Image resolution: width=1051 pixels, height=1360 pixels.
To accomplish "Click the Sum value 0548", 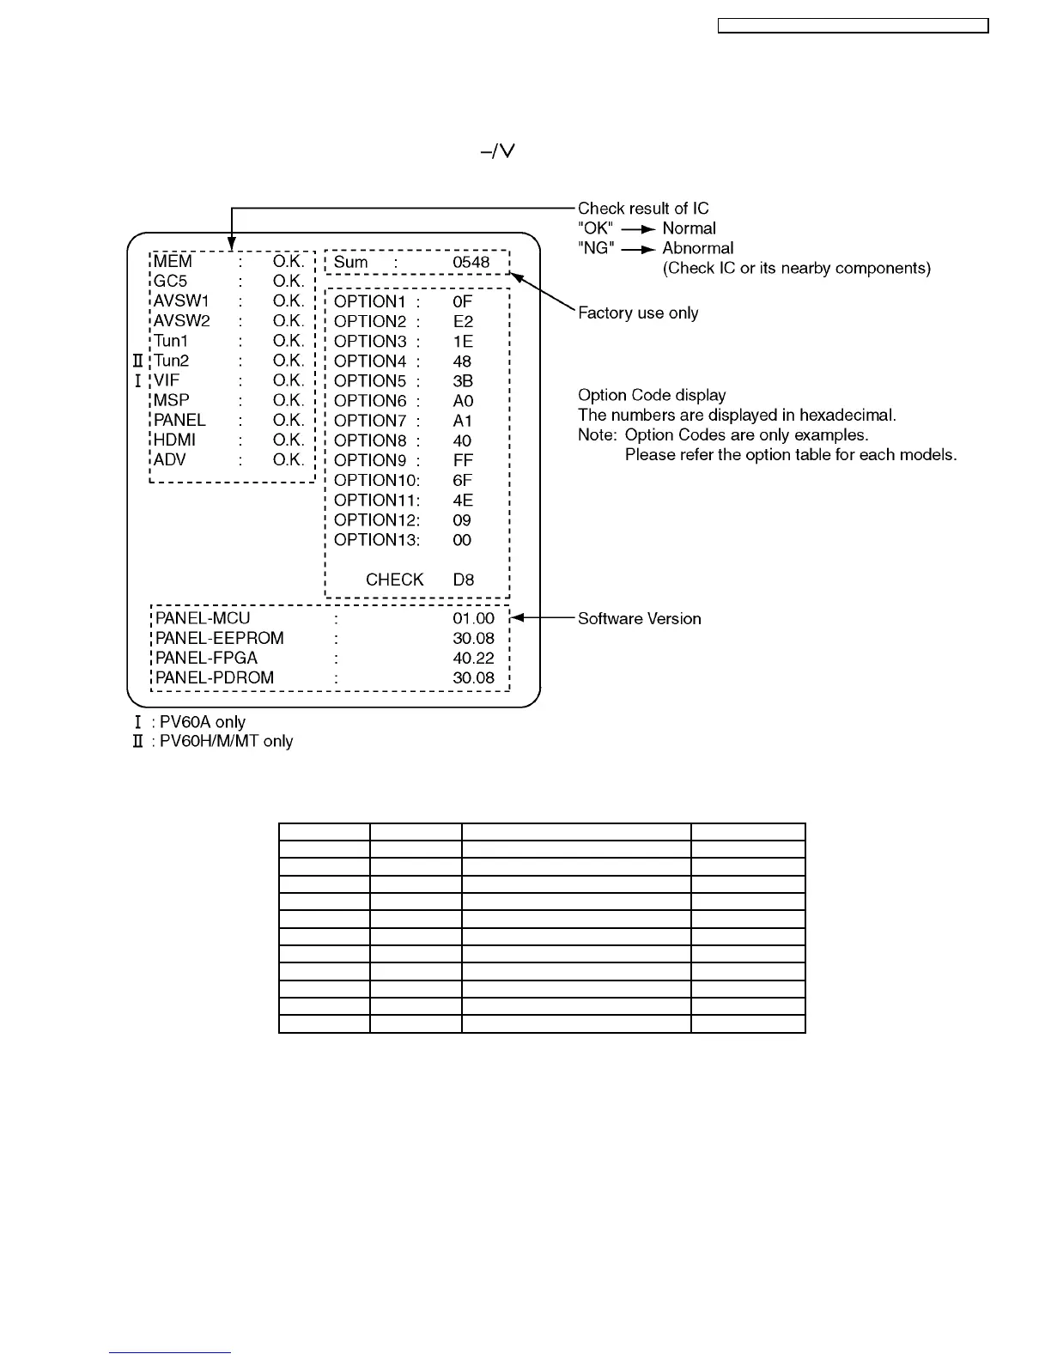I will [471, 262].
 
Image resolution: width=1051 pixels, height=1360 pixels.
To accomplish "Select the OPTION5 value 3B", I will [463, 381].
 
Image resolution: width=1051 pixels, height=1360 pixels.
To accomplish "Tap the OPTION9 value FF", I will [463, 460].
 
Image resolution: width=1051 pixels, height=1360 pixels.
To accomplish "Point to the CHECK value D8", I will [463, 580].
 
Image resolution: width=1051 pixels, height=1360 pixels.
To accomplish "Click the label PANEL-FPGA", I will [206, 658].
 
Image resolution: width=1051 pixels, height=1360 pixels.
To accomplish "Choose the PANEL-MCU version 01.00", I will [473, 618].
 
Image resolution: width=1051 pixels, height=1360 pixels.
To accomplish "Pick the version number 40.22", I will [473, 658].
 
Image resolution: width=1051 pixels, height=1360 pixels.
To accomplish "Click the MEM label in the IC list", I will [173, 262].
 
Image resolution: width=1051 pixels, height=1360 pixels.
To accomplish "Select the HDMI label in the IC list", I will [174, 440].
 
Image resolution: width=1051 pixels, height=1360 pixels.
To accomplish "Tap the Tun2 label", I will [171, 361].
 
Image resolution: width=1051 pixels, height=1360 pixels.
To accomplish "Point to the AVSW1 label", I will [181, 301].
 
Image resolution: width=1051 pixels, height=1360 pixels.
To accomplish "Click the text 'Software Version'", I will [639, 619].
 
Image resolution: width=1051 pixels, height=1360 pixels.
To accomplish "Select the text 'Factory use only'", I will [638, 313].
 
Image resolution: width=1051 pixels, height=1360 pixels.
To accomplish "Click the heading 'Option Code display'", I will [652, 395].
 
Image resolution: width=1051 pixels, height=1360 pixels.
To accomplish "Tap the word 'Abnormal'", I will [697, 248].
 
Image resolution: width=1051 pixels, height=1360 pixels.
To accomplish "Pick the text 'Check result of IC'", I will [643, 209].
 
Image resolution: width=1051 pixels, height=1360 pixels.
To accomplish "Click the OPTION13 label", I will [376, 540].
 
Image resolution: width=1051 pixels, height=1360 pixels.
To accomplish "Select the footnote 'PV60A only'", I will [203, 722].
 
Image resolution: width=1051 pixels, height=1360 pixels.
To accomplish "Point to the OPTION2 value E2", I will [463, 321].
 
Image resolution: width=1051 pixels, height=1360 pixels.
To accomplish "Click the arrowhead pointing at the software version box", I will [517, 618].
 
